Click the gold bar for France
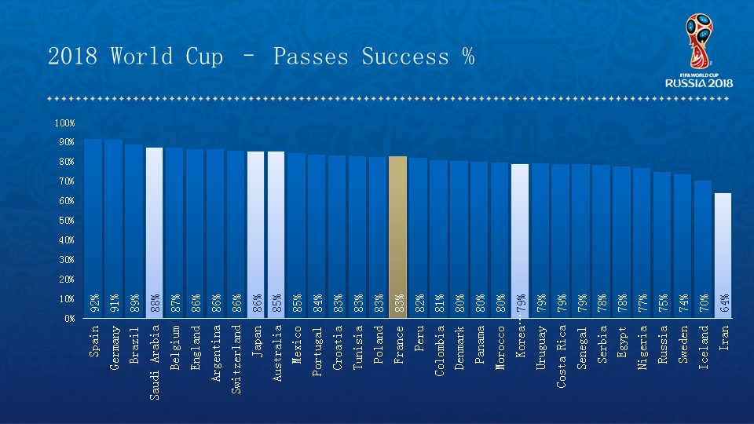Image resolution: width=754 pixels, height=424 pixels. coord(398,236)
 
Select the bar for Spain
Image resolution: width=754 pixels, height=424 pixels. coord(93,228)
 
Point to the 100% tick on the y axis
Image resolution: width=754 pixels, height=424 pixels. coord(65,123)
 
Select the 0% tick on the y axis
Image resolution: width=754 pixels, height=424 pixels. coord(68,319)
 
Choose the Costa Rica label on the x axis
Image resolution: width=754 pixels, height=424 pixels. coord(562,356)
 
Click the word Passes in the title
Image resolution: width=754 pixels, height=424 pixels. coord(311,57)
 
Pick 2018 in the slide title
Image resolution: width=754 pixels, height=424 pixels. coord(73,57)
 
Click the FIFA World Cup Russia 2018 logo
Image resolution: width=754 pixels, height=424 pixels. coord(699,50)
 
